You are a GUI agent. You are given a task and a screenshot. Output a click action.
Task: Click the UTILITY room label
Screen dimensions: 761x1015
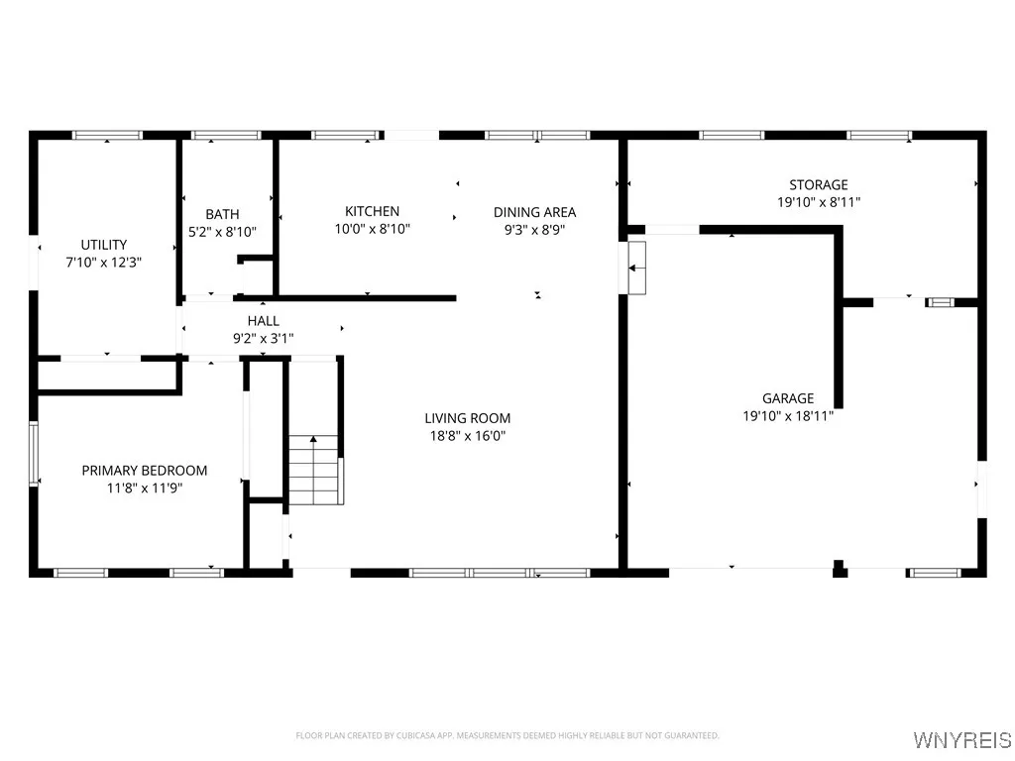coord(104,245)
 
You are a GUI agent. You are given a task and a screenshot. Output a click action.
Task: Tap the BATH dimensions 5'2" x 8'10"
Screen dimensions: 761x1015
coord(222,232)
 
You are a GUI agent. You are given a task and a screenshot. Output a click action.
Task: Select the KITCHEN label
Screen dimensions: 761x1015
coord(372,211)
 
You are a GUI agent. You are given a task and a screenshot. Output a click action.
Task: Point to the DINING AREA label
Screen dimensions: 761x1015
coord(534,212)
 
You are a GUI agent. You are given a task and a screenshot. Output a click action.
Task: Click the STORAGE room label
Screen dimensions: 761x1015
coord(818,184)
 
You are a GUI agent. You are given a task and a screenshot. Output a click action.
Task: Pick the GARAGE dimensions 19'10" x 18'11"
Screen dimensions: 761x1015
coord(788,416)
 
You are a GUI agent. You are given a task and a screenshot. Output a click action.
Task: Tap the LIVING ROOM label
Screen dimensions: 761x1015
coord(468,418)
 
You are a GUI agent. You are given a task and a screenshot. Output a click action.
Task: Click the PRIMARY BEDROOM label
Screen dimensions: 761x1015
coord(145,471)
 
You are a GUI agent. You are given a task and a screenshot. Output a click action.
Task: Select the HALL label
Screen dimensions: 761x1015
coord(263,321)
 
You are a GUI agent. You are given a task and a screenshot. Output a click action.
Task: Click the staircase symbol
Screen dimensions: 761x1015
coord(314,470)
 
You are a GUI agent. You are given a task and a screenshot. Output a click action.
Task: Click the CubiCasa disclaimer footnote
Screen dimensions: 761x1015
coord(507,735)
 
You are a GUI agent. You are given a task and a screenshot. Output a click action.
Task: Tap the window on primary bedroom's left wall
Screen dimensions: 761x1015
coord(34,454)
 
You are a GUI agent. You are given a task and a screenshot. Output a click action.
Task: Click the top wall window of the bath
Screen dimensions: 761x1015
coord(226,135)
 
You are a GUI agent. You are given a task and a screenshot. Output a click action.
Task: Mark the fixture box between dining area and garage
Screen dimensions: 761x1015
coord(635,268)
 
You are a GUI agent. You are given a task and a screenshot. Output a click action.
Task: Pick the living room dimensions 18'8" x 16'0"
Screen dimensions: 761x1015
coord(468,436)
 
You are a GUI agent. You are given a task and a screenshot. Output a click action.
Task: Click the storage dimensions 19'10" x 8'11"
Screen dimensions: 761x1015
coord(818,202)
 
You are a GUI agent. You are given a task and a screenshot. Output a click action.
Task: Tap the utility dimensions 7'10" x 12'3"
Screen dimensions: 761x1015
coord(104,263)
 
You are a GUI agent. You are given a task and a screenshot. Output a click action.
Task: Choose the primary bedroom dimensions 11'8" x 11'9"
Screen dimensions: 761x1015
coord(145,488)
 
